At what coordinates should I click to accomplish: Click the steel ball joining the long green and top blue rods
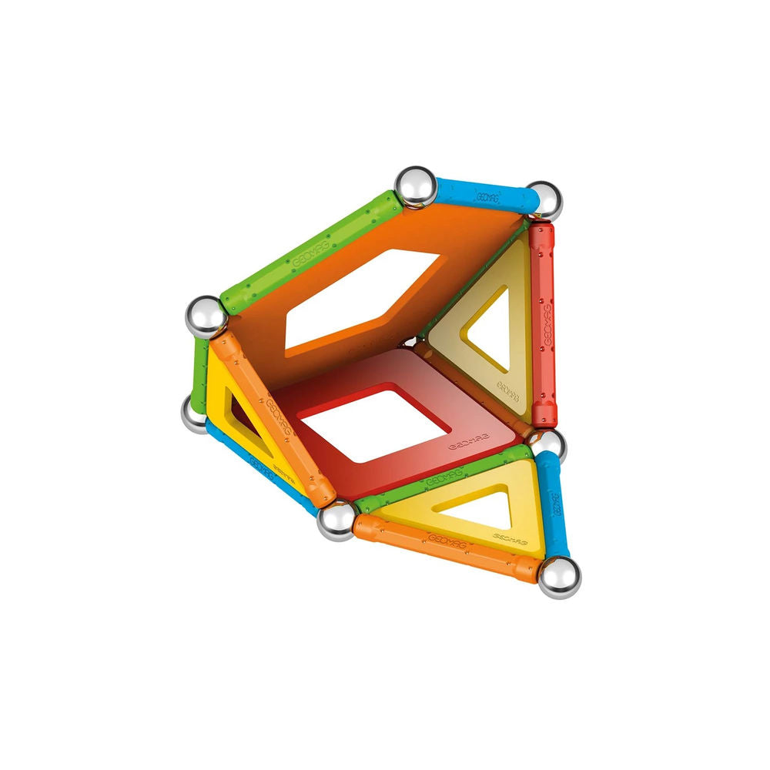[416, 187]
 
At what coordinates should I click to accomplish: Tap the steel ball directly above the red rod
[544, 200]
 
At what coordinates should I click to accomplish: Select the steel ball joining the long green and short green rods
[206, 316]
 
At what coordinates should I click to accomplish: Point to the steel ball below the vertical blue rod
[559, 577]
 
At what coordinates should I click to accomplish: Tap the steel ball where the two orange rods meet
[336, 522]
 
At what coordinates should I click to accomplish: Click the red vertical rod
[543, 323]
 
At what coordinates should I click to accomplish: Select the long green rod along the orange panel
[308, 250]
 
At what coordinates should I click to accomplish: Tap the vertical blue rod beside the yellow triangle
[554, 504]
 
